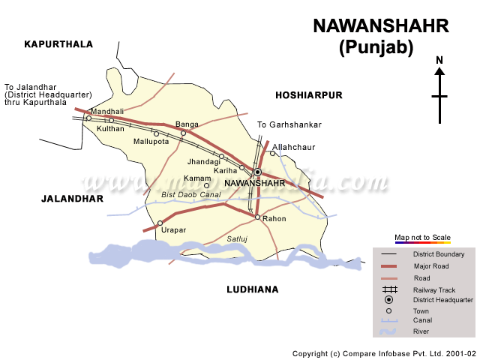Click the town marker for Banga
pyautogui.click(x=183, y=133)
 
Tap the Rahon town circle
pyautogui.click(x=257, y=217)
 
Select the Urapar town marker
pyautogui.click(x=160, y=223)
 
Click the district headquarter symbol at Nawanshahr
pyautogui.click(x=257, y=172)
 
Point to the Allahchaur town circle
pyautogui.click(x=273, y=154)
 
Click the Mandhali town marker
pyautogui.click(x=88, y=118)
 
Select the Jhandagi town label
pyautogui.click(x=204, y=161)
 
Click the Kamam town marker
pyautogui.click(x=206, y=185)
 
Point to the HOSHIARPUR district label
pyautogui.click(x=308, y=95)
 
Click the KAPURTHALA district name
pyautogui.click(x=58, y=44)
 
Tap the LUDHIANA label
pyautogui.click(x=252, y=289)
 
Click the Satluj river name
pyautogui.click(x=237, y=238)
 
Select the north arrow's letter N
pyautogui.click(x=439, y=60)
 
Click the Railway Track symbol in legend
pyautogui.click(x=388, y=289)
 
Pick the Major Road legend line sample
pyautogui.click(x=388, y=266)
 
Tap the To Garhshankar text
pyautogui.click(x=289, y=124)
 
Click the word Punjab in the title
pyautogui.click(x=376, y=48)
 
